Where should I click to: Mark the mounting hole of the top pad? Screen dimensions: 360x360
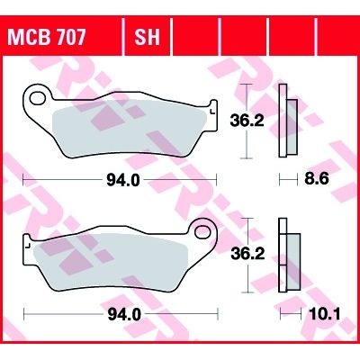pos(39,94)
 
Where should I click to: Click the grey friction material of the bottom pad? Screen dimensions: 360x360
pos(117,261)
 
